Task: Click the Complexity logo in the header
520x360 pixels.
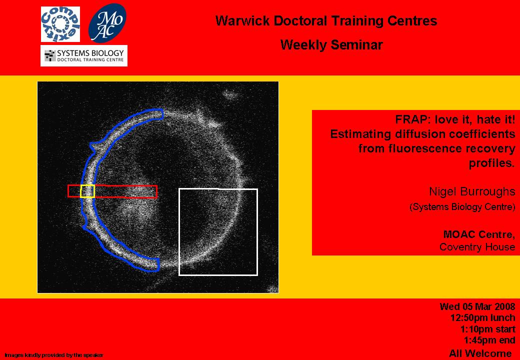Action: coord(60,24)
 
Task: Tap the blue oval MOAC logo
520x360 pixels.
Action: coord(107,23)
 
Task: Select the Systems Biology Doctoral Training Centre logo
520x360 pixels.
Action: coord(84,55)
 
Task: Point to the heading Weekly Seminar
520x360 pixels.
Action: coord(331,45)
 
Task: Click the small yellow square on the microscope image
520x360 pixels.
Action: coord(87,191)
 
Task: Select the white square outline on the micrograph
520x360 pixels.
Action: coord(179,232)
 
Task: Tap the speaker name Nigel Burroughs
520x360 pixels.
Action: coord(472,191)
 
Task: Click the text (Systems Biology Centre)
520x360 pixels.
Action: coord(462,207)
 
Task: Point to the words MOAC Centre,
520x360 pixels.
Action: coord(479,234)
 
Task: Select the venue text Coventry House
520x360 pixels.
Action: coord(477,247)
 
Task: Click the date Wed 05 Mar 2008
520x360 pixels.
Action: coord(477,306)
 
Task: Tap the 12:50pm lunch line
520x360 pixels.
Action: coord(483,317)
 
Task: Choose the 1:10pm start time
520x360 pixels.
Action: coord(488,329)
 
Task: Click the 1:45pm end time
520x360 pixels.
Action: coord(489,340)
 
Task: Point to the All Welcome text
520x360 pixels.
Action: coord(480,353)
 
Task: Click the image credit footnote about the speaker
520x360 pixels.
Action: coord(54,355)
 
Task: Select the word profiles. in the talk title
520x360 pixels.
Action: coord(492,163)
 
